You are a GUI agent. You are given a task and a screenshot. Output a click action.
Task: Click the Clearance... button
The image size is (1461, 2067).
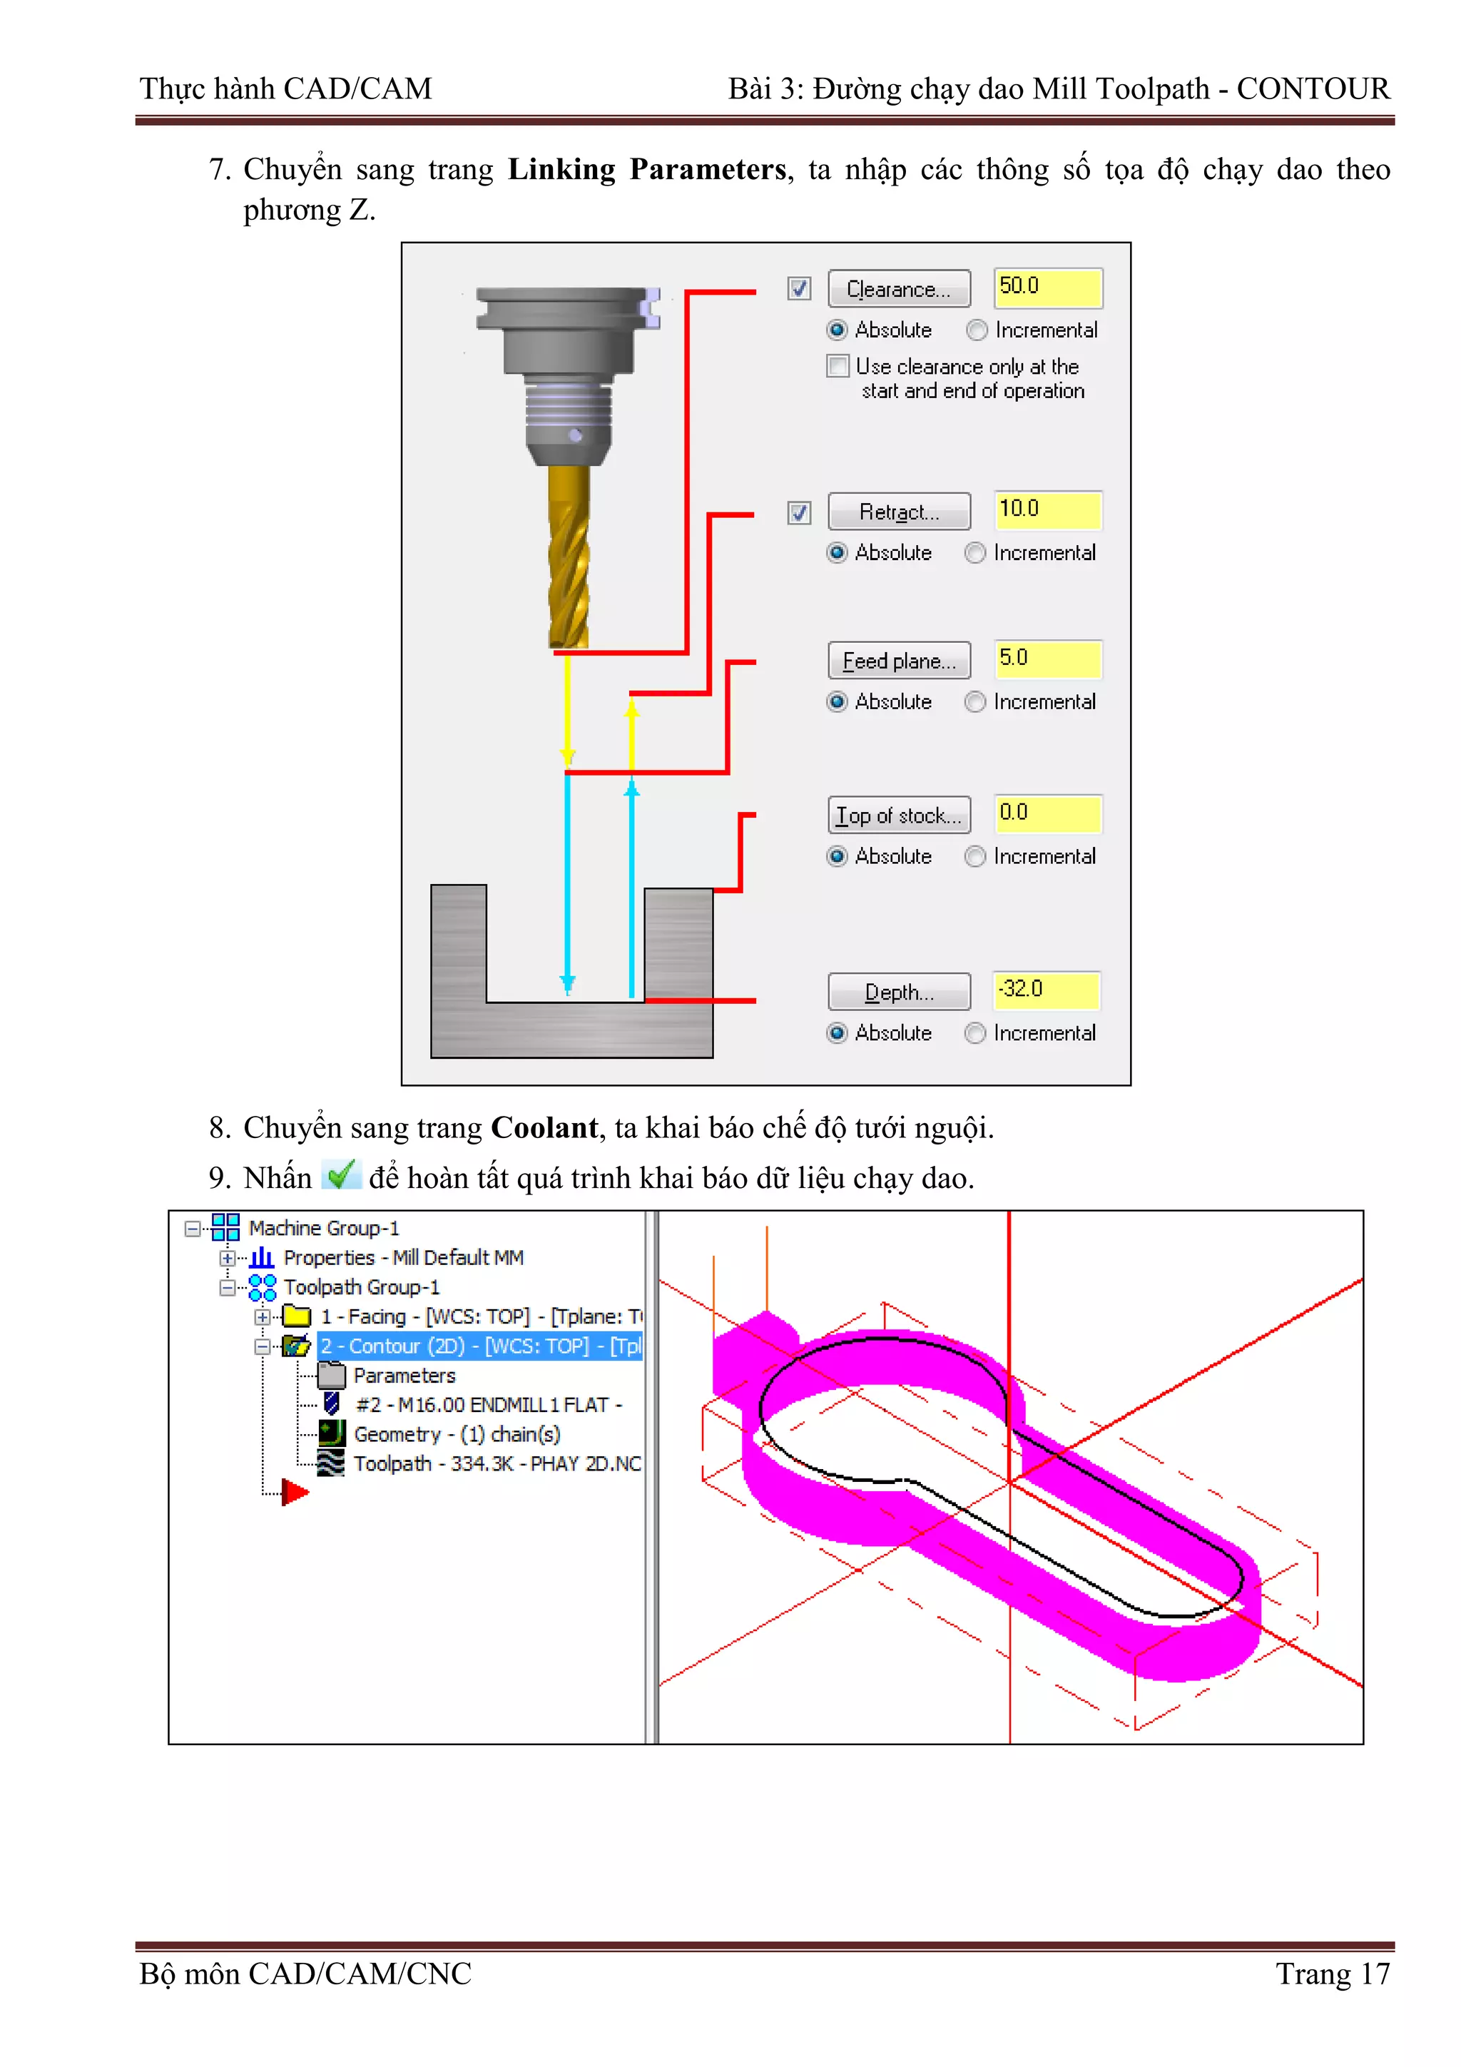[x=898, y=289]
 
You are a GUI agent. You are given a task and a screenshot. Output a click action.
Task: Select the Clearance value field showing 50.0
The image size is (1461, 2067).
[x=1047, y=288]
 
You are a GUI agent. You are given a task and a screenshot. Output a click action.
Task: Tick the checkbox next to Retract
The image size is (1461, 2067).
[x=798, y=512]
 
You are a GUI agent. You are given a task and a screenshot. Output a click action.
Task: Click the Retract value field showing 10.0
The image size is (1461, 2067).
[x=1047, y=509]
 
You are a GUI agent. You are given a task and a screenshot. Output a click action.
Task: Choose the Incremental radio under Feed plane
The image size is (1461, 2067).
[x=975, y=701]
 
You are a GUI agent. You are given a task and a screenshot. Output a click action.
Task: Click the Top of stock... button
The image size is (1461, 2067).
[x=898, y=815]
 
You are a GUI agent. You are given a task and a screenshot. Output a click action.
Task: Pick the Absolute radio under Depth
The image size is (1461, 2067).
[x=838, y=1032]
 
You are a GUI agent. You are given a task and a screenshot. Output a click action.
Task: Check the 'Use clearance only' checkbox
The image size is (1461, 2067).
[x=838, y=367]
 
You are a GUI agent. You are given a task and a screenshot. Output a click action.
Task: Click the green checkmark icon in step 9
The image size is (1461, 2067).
[x=340, y=1175]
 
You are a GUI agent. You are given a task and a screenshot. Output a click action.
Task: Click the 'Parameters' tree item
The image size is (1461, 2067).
[x=404, y=1376]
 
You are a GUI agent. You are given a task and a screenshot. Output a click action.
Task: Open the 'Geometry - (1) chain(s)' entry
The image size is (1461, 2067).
[x=457, y=1434]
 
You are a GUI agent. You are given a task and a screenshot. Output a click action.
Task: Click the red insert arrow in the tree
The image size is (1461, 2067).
[x=293, y=1493]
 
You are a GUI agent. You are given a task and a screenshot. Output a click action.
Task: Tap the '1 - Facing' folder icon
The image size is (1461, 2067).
[x=296, y=1316]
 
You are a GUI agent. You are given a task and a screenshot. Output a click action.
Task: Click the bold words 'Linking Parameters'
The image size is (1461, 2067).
[x=646, y=169]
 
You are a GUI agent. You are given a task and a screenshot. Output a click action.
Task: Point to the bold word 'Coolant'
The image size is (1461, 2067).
[x=544, y=1127]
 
